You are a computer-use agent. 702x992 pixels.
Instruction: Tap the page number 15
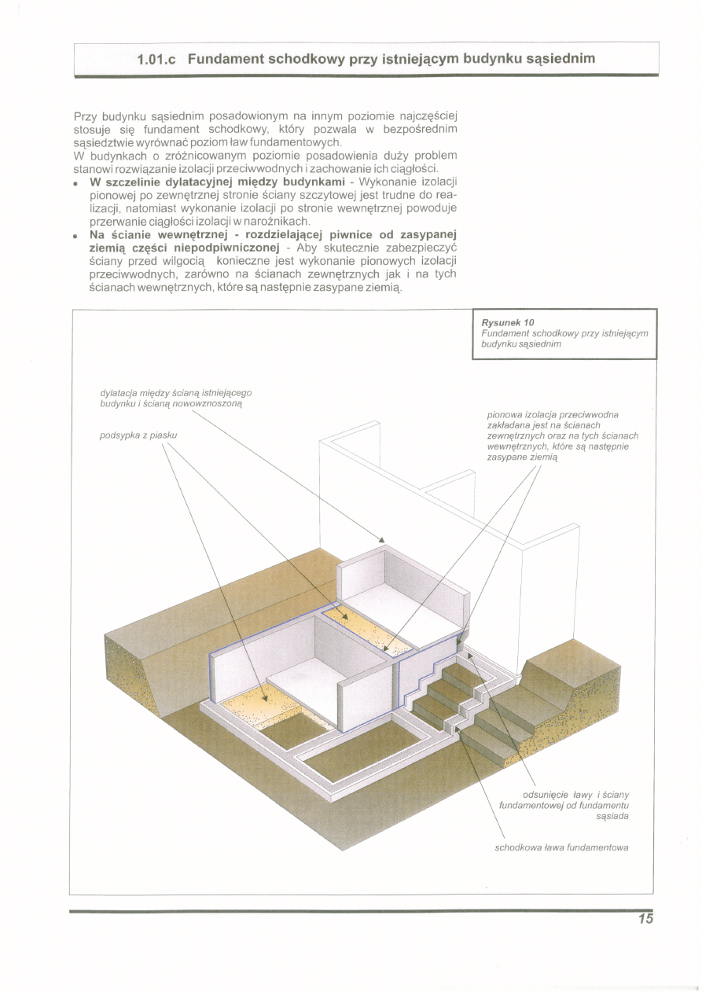click(645, 920)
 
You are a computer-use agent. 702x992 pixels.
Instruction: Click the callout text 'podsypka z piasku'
click(138, 435)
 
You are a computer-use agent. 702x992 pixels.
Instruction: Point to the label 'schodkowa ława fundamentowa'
click(561, 847)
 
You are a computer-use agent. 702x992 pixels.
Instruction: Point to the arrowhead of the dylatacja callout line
click(382, 541)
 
